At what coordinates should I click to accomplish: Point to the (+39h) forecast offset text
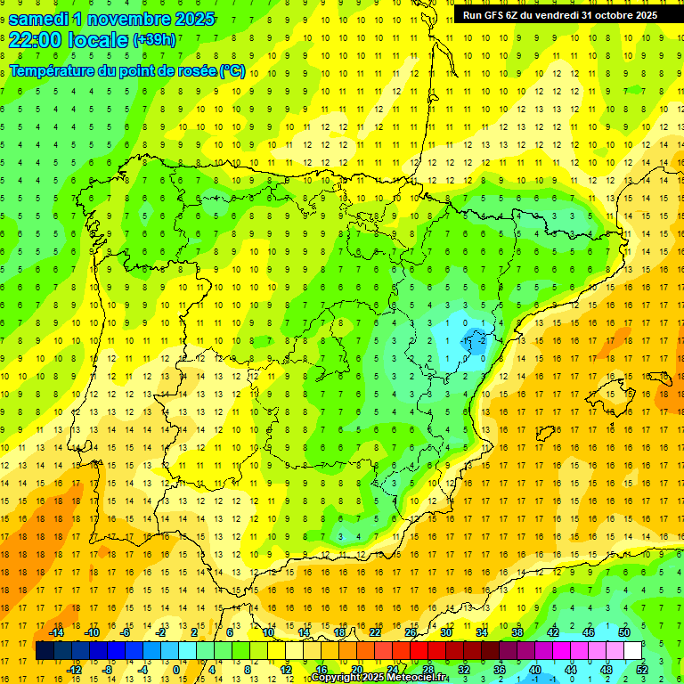point(154,40)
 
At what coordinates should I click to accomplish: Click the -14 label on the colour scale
point(55,632)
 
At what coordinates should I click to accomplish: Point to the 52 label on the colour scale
point(642,670)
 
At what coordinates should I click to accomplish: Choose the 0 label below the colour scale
point(176,670)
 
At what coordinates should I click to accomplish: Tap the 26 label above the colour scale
point(411,632)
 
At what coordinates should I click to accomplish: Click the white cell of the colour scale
point(632,651)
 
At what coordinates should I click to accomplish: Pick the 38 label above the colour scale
point(517,632)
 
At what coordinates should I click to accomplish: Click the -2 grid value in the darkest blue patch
point(482,340)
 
